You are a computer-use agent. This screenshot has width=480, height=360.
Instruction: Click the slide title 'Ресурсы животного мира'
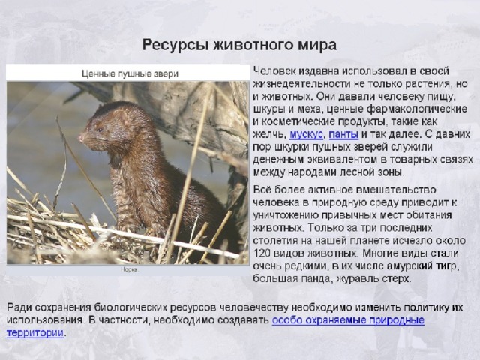point(239,45)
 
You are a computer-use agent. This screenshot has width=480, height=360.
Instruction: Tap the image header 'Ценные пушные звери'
point(130,73)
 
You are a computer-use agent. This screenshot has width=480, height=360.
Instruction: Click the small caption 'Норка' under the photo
point(130,269)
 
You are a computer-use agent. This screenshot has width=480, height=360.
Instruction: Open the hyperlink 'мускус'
point(306,134)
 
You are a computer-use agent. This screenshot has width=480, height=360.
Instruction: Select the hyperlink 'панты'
point(343,134)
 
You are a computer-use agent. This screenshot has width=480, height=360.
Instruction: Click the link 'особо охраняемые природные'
point(348,320)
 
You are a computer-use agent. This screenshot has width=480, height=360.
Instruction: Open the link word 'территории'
point(35,333)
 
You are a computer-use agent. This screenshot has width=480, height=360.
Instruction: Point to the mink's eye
point(100,130)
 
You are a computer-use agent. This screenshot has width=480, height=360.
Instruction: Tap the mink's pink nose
point(82,137)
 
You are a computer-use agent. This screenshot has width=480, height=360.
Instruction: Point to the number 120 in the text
point(262,253)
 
